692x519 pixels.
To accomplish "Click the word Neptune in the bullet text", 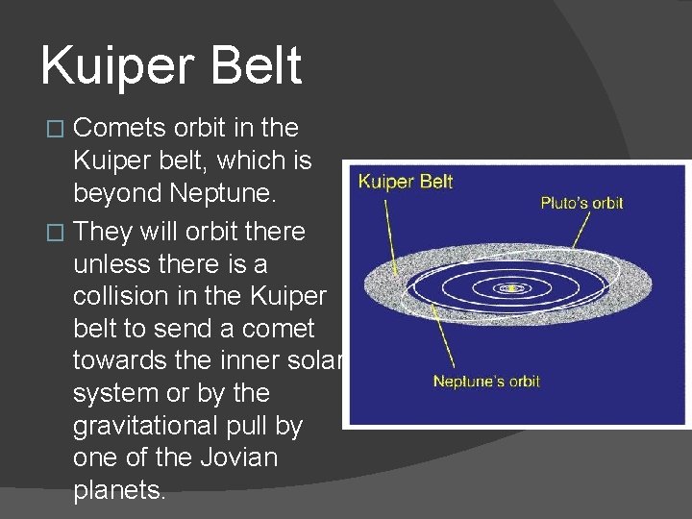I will tap(221, 193).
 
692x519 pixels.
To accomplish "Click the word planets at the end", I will tap(119, 490).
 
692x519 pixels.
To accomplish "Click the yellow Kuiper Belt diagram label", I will tap(406, 182).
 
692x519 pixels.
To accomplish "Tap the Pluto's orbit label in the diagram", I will tap(581, 203).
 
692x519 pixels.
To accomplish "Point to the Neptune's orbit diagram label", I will tap(486, 382).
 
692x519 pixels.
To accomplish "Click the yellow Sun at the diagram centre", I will tap(513, 287).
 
